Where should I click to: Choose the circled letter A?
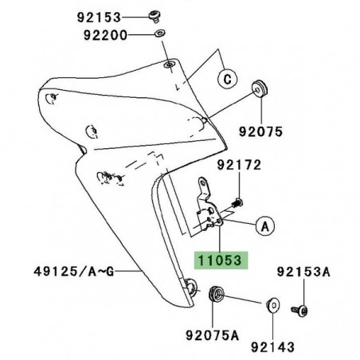coord(263,225)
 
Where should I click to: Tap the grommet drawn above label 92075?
coord(259,86)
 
